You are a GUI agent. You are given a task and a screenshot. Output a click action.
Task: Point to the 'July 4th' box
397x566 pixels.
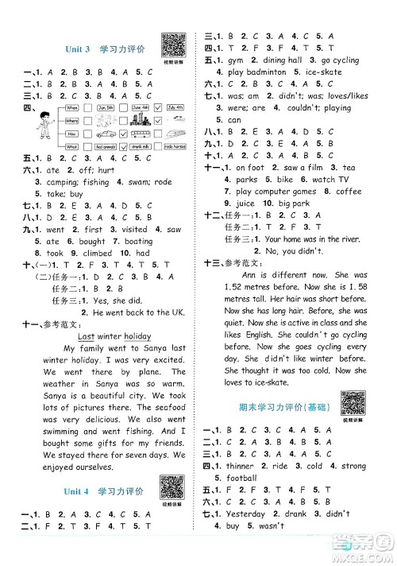[x=175, y=107]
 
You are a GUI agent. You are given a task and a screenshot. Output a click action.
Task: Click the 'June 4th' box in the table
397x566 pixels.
[x=141, y=107]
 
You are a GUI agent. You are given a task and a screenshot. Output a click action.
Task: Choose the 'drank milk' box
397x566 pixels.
[x=141, y=146]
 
